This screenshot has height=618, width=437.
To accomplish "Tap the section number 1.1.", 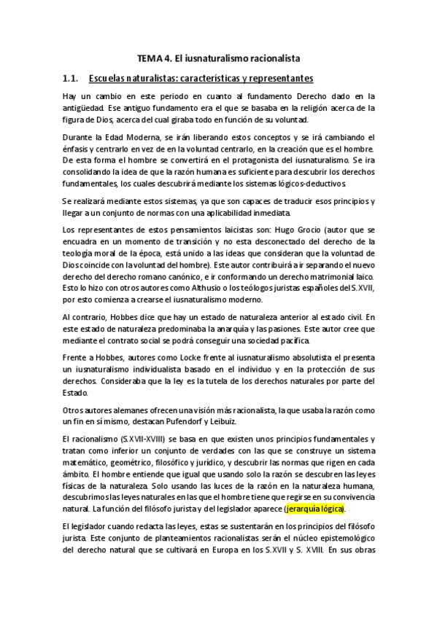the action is [x=71, y=77].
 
